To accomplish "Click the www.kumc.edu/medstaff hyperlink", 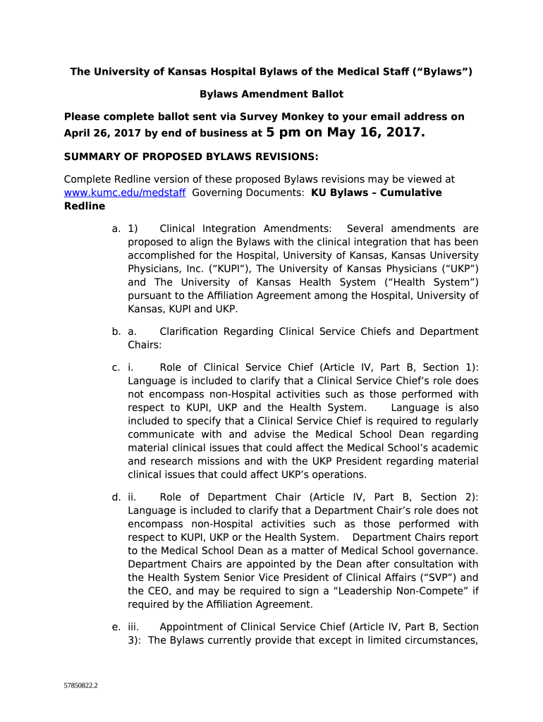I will click(x=125, y=192).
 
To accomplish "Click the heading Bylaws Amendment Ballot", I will click(x=271, y=94).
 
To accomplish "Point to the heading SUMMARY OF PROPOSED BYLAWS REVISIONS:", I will click(x=191, y=156).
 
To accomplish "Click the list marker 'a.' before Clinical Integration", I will click(x=116, y=228).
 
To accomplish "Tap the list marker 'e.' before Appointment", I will click(x=116, y=627).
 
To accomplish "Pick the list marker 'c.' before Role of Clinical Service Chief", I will click(x=116, y=367).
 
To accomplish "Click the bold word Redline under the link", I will click(x=84, y=206).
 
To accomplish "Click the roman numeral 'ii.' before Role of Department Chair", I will click(x=133, y=497).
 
